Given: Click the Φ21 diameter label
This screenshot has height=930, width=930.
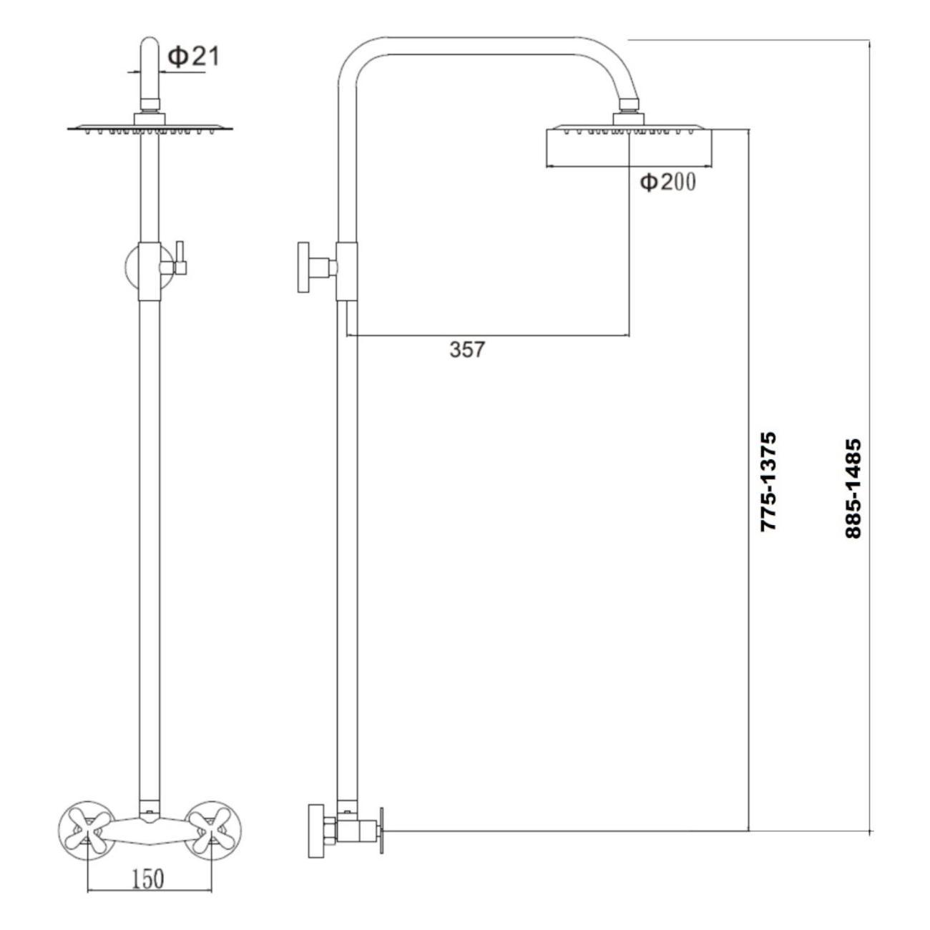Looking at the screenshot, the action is (193, 57).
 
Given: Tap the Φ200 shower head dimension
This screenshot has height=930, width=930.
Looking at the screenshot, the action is (668, 182).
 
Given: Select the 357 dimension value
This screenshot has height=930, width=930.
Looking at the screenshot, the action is (466, 349).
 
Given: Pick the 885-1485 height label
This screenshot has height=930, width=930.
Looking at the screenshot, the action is (853, 488).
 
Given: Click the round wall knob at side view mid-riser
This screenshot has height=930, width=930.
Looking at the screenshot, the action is (303, 267).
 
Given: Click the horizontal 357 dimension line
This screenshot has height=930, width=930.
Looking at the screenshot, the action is (488, 335).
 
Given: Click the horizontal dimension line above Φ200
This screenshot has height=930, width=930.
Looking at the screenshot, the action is (629, 167).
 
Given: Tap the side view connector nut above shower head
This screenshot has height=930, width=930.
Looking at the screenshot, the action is (629, 104).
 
